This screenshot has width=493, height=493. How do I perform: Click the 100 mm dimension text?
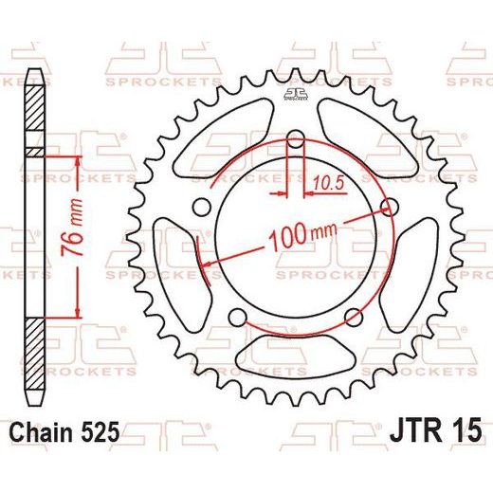tap(302, 236)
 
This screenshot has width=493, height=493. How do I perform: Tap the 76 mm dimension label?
tap(72, 228)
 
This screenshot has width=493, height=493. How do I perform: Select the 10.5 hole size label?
tap(328, 183)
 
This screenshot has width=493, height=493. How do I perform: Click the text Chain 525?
tap(64, 432)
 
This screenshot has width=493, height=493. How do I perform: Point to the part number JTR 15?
tap(436, 430)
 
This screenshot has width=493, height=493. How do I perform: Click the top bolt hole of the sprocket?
tap(296, 139)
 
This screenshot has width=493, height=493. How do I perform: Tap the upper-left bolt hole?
tap(201, 208)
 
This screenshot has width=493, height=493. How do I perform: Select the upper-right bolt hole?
tap(390, 208)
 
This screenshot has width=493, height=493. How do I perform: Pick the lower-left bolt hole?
tap(237, 318)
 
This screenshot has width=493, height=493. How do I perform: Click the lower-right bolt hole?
tap(354, 318)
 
